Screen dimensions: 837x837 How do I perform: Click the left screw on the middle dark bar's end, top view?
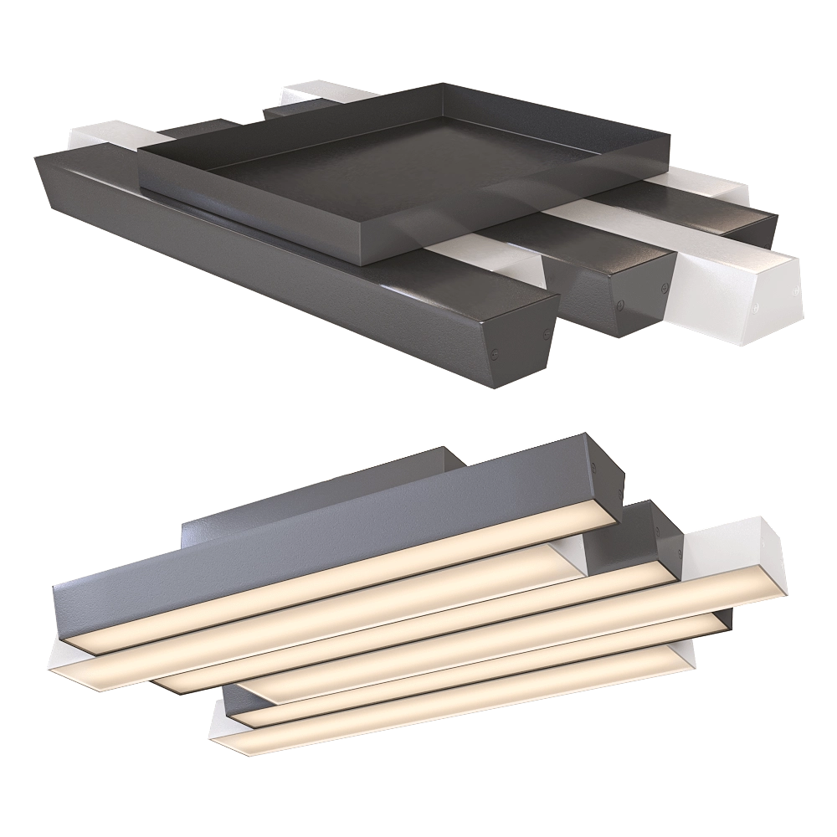click(621, 305)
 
